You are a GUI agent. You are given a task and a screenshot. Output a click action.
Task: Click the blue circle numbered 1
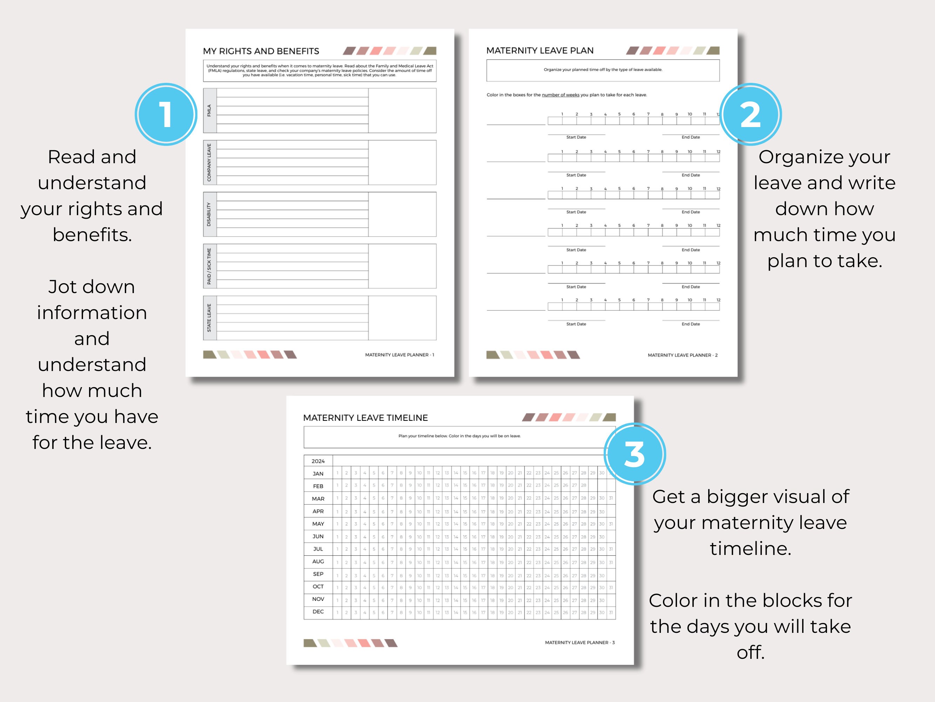[x=166, y=114]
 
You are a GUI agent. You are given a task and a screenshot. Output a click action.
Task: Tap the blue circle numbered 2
[x=750, y=114]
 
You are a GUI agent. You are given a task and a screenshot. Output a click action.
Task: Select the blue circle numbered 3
[x=635, y=454]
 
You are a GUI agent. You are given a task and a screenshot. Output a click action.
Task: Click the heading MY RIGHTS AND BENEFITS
[x=261, y=51]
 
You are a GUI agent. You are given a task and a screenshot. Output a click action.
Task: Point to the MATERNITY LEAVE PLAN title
[x=540, y=50]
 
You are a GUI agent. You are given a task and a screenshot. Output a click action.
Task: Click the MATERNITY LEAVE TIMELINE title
[x=365, y=418]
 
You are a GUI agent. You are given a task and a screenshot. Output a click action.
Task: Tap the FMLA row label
[x=209, y=111]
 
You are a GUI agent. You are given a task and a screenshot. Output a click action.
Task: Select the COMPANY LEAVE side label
[x=209, y=163]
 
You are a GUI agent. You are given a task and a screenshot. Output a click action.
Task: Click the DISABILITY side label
[x=209, y=214]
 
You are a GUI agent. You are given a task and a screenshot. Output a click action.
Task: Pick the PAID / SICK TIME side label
[x=209, y=266]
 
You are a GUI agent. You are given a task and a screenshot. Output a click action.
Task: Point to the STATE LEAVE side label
[x=209, y=318]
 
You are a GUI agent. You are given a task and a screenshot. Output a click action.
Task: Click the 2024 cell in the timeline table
[x=318, y=461]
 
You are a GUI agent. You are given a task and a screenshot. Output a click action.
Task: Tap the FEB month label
[x=318, y=486]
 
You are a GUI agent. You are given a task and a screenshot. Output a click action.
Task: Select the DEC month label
[x=318, y=611]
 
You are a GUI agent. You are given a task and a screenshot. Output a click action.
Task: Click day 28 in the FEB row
[x=583, y=485]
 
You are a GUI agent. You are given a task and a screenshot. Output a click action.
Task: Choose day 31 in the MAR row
[x=611, y=498]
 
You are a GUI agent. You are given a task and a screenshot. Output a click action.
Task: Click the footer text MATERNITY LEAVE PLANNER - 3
[x=580, y=642]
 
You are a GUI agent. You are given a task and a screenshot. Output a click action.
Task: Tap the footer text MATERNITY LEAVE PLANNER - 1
[x=399, y=355]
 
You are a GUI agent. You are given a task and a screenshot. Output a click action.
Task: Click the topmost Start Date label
[x=576, y=137]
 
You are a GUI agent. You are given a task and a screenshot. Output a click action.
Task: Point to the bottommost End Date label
[x=690, y=324]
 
